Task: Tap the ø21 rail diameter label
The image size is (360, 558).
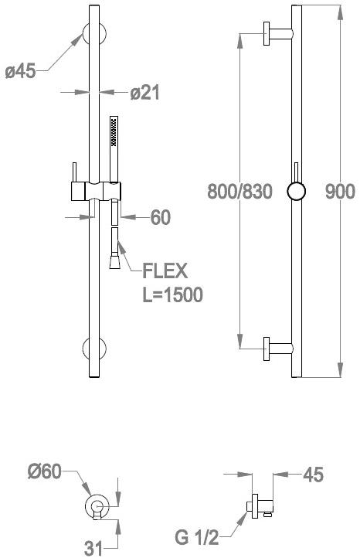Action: coord(145,93)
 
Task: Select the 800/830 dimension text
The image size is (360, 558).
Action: coord(239,192)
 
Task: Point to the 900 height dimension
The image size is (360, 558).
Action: coord(340,192)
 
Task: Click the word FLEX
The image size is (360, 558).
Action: coord(165,270)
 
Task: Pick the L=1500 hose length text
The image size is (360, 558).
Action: coord(172,295)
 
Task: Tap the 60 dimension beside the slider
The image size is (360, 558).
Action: coord(160,218)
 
